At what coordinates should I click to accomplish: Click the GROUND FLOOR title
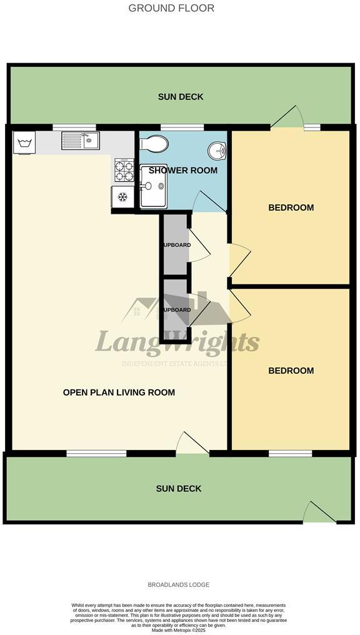(171, 8)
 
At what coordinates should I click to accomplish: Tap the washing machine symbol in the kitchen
(25, 144)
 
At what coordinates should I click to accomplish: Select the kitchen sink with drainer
(80, 141)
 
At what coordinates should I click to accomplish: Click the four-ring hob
(124, 169)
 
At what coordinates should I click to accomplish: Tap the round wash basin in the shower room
(217, 150)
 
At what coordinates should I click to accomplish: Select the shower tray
(153, 186)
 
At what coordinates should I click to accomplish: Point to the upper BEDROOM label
(291, 207)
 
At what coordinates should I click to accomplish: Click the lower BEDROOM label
(291, 371)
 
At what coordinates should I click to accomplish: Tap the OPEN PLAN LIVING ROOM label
(119, 392)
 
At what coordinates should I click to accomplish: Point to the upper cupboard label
(176, 245)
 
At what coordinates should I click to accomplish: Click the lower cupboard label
(176, 310)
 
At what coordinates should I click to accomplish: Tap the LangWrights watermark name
(177, 342)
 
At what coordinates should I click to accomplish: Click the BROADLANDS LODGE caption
(178, 585)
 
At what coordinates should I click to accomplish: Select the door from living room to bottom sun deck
(192, 444)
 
